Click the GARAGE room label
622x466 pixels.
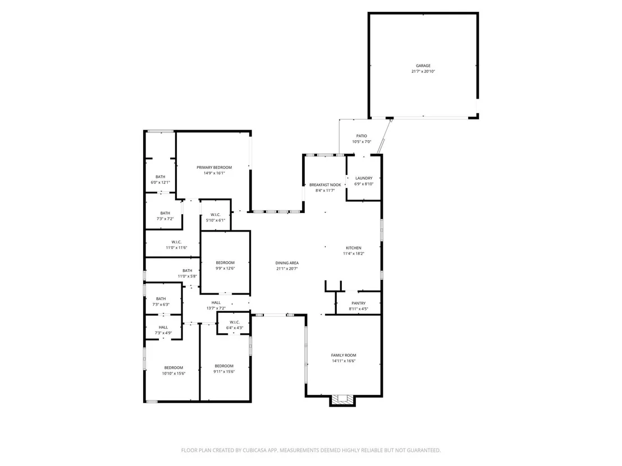423,66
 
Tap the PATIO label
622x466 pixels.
362,136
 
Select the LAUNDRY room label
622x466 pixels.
364,178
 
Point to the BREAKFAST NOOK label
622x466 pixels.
325,185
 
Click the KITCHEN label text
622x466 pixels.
354,248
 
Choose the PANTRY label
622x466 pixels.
359,303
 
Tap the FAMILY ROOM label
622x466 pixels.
344,356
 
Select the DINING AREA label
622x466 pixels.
287,263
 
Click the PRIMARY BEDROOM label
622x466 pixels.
214,168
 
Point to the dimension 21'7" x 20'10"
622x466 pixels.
423,72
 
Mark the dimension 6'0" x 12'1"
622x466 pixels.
160,183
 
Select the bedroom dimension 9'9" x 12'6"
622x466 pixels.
225,268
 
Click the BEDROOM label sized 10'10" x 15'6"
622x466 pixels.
174,368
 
